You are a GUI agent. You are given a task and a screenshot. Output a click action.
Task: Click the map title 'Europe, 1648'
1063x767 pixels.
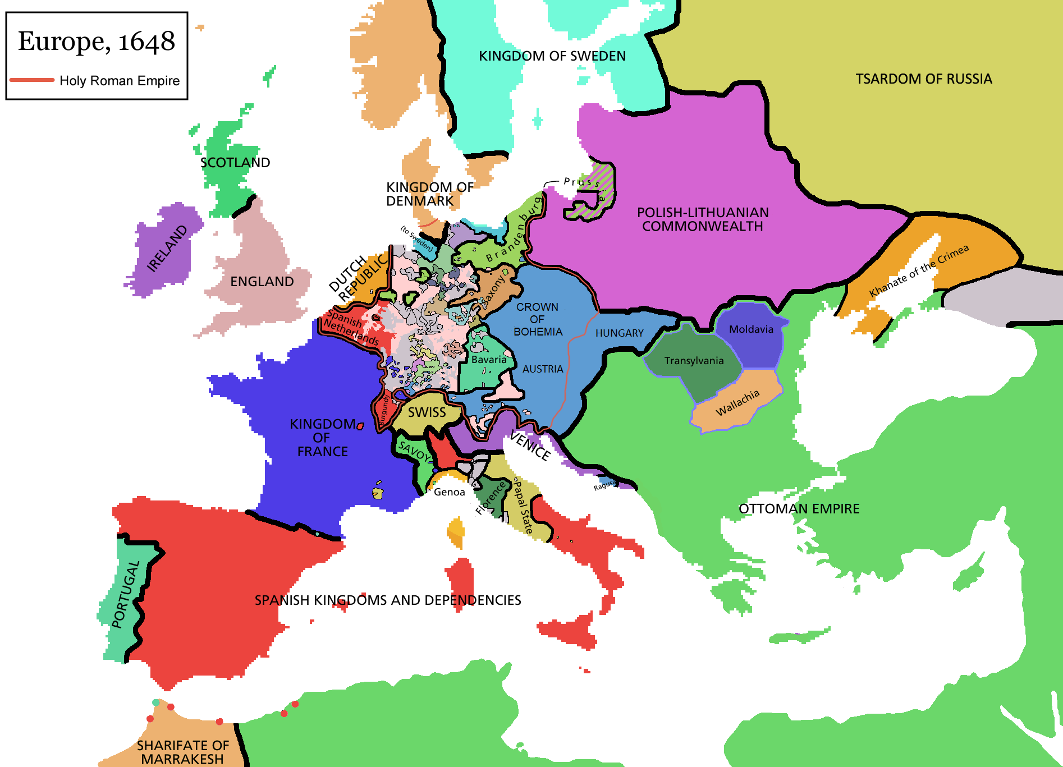click(x=97, y=42)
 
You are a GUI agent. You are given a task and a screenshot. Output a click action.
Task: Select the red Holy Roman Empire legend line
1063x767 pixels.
click(x=32, y=80)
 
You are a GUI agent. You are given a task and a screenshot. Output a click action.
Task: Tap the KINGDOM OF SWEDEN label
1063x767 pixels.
click(x=552, y=56)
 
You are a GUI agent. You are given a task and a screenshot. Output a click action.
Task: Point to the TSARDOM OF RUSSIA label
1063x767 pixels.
click(x=923, y=79)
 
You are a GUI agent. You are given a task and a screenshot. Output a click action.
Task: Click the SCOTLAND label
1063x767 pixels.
click(x=235, y=163)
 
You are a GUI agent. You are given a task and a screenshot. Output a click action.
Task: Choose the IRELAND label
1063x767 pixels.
click(x=167, y=249)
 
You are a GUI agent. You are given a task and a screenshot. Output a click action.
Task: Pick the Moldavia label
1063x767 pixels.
click(x=751, y=329)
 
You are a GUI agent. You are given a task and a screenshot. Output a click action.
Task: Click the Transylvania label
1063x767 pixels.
click(x=694, y=361)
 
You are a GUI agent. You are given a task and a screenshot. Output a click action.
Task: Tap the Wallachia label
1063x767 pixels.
click(x=737, y=402)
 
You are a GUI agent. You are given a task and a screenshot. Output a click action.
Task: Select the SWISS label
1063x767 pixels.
click(x=427, y=412)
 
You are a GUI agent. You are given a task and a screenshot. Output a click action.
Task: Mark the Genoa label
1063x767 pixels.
click(x=449, y=492)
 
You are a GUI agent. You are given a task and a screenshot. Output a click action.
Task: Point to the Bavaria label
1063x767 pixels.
click(x=488, y=360)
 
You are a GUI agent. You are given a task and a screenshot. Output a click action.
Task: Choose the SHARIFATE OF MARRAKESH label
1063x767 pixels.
click(x=182, y=752)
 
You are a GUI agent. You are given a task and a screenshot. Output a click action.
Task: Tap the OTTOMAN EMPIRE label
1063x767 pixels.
click(x=799, y=509)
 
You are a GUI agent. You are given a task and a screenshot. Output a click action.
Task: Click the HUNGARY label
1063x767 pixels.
click(x=619, y=333)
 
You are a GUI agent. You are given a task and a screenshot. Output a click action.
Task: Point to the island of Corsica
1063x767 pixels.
click(x=456, y=532)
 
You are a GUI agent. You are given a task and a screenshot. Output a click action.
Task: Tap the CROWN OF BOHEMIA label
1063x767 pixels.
click(x=537, y=319)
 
